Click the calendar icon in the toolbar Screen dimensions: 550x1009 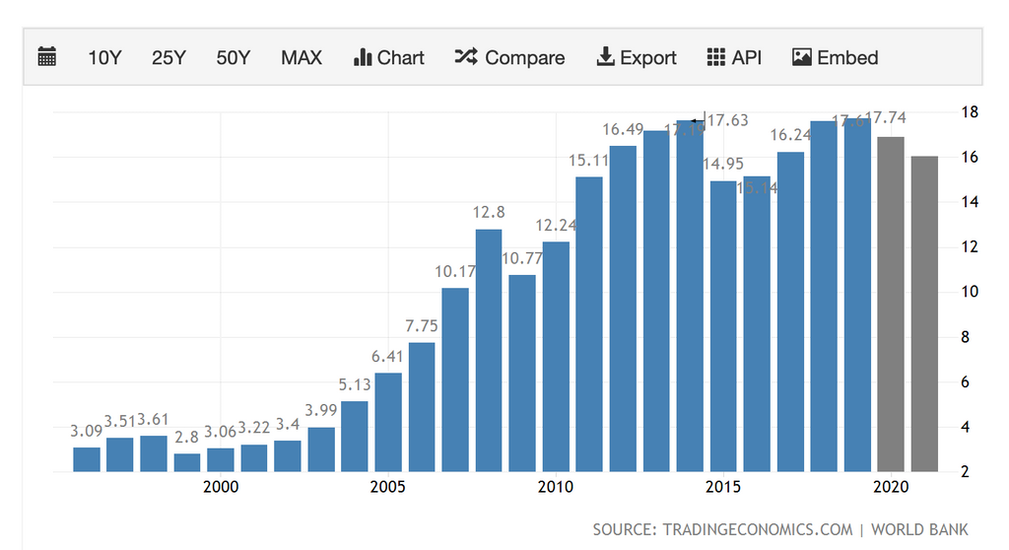click(47, 57)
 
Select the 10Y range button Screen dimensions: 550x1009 click(104, 57)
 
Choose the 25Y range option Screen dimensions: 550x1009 click(168, 57)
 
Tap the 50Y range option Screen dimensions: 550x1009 click(234, 57)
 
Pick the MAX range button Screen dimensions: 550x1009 click(302, 57)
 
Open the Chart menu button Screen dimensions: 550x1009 click(388, 57)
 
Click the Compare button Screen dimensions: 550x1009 click(509, 57)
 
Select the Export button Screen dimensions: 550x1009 click(637, 57)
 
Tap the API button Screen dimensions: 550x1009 click(734, 57)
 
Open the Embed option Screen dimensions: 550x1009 click(835, 57)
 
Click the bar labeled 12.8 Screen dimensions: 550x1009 click(489, 350)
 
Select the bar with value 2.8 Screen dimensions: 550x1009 click(187, 462)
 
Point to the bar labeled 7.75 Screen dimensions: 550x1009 click(422, 406)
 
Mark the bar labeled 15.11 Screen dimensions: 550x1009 click(589, 323)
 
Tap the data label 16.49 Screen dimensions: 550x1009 click(623, 129)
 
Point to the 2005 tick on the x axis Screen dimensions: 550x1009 click(388, 487)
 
